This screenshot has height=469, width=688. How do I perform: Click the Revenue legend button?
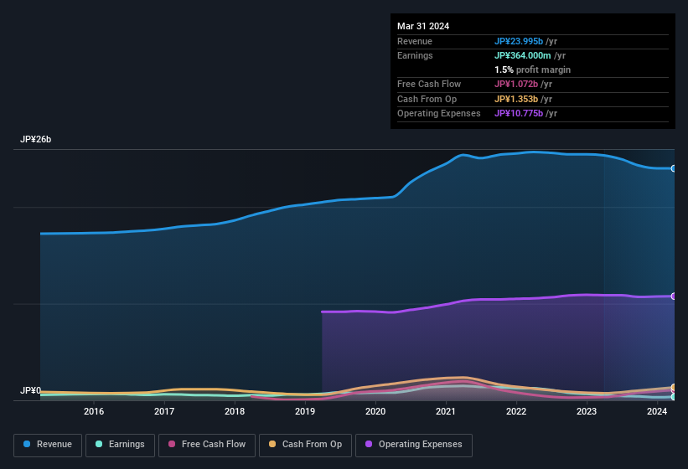click(48, 445)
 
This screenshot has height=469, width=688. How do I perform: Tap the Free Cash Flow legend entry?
click(207, 445)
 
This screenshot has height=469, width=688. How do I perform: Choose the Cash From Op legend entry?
click(305, 445)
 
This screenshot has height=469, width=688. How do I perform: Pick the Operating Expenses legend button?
click(414, 445)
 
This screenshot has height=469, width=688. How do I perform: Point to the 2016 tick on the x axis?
click(94, 411)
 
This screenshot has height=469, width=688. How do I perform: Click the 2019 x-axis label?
click(305, 411)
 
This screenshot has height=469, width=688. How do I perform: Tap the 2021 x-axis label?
click(446, 411)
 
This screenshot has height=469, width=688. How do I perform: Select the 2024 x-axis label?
click(657, 411)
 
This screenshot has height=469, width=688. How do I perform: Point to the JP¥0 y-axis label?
click(31, 391)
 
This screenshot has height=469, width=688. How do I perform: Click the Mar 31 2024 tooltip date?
click(423, 26)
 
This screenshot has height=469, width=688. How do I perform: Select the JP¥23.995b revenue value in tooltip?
click(519, 42)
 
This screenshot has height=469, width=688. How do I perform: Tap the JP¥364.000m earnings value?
click(522, 56)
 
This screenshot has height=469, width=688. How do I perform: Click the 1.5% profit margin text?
click(532, 70)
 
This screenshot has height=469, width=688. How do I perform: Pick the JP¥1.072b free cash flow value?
click(516, 85)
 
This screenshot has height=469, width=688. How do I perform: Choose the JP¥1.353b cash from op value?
click(516, 99)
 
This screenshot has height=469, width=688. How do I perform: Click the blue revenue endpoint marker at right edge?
click(673, 168)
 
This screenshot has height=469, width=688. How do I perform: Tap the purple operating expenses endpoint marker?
click(673, 296)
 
